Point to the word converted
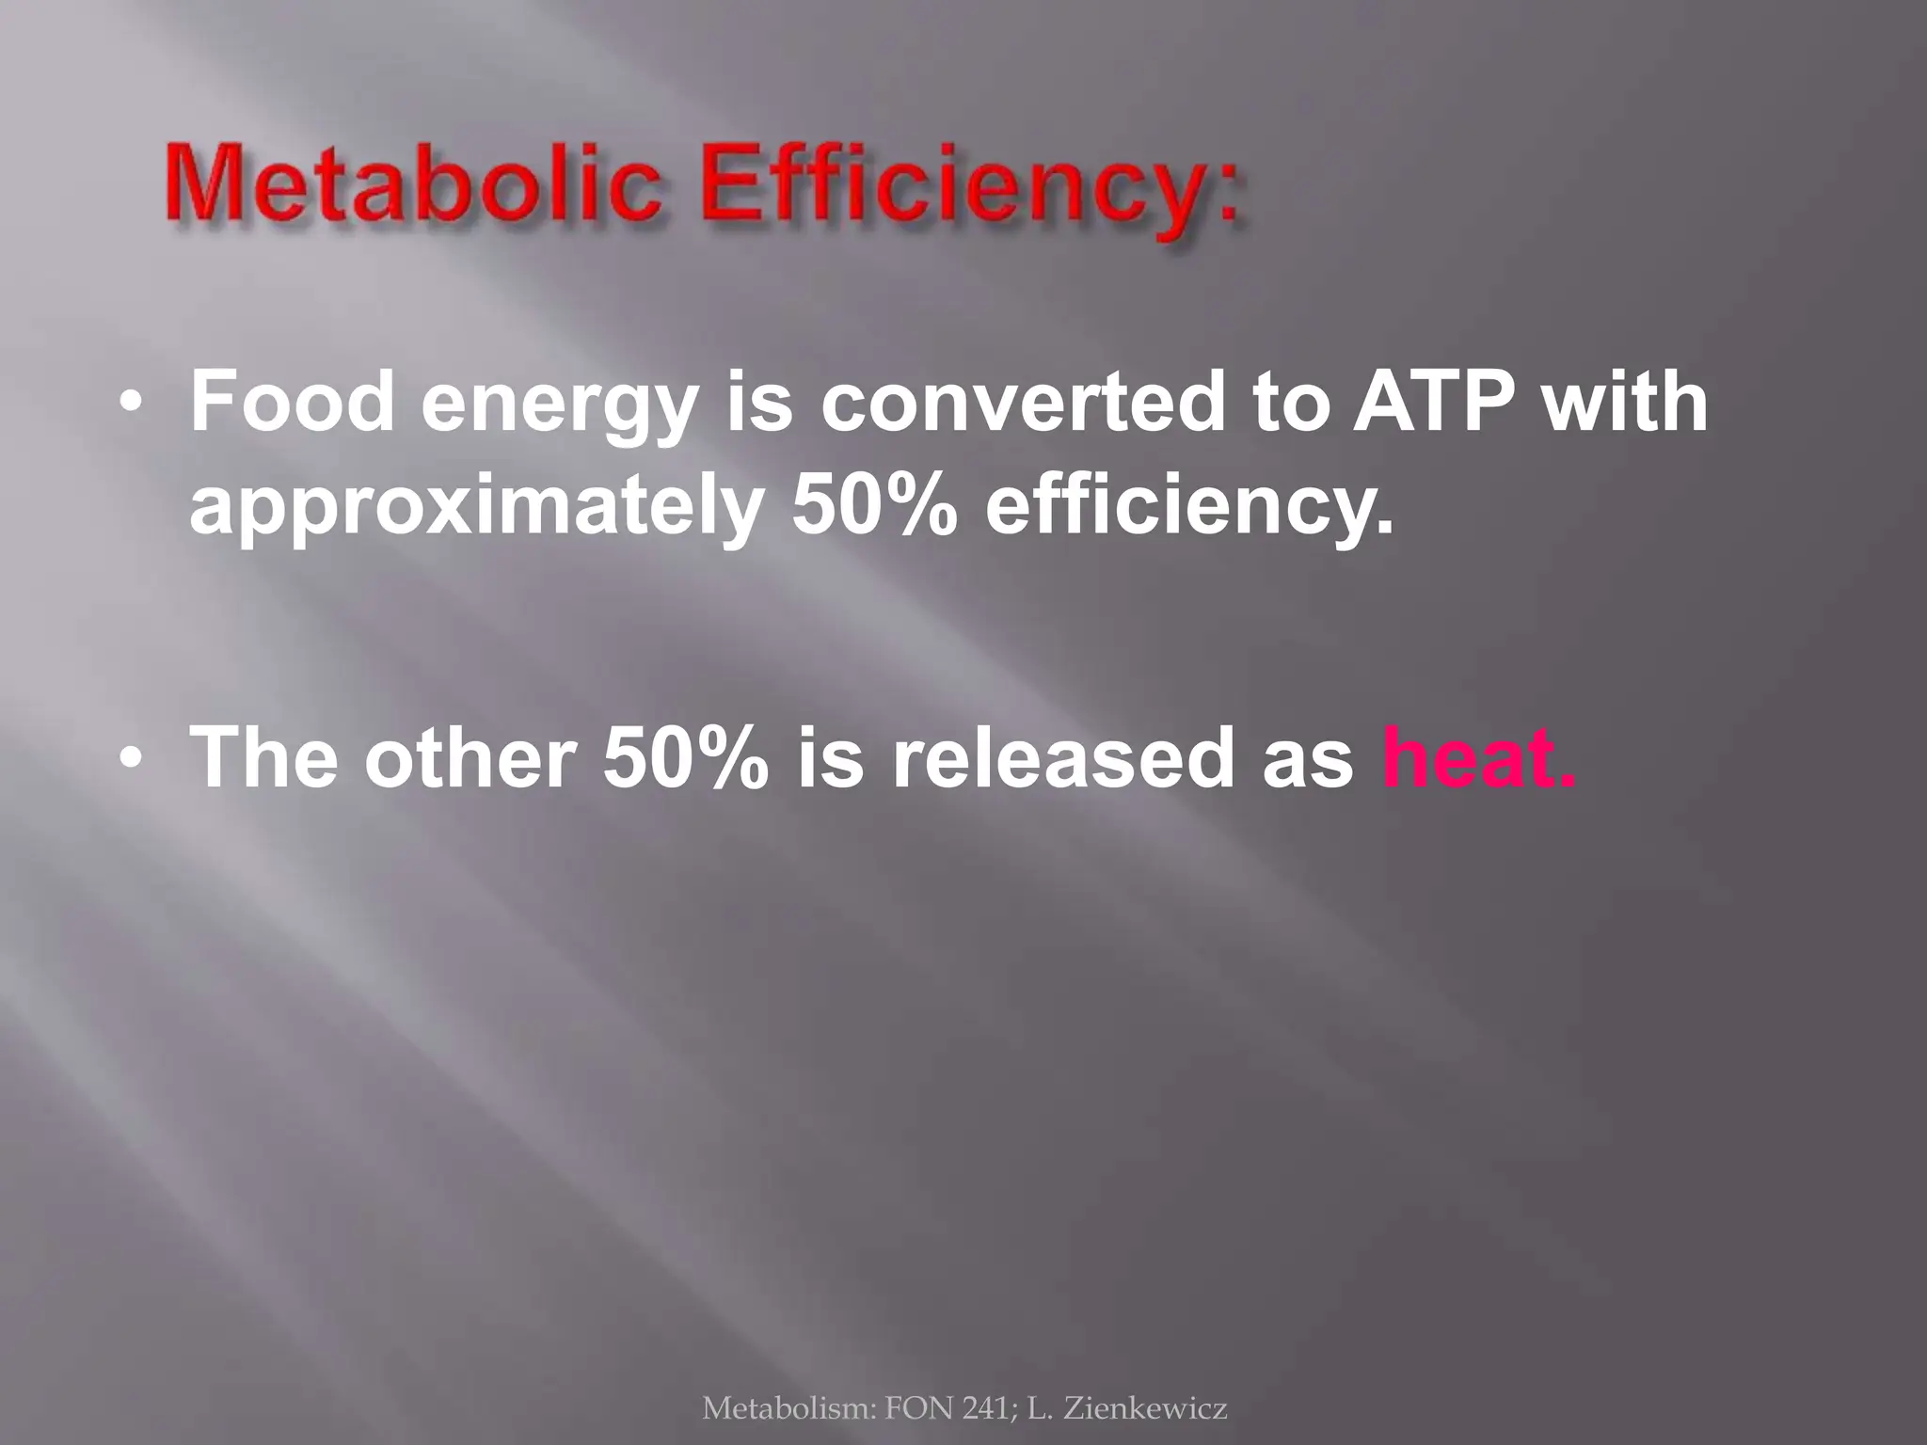[x=1023, y=402]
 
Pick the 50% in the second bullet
[x=684, y=757]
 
